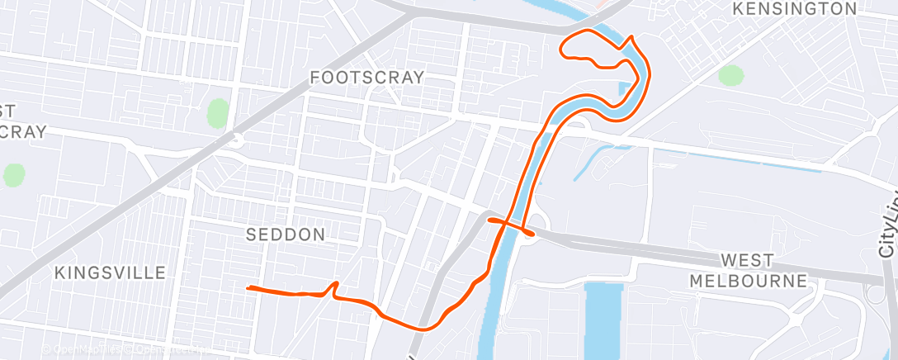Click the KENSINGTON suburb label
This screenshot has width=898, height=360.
click(x=795, y=9)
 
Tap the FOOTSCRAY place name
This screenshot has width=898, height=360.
click(x=366, y=78)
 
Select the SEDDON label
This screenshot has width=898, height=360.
click(x=286, y=234)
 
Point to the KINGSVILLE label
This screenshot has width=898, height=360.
click(x=110, y=272)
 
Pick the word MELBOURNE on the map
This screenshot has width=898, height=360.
click(x=748, y=281)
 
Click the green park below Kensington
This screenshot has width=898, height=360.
click(x=730, y=76)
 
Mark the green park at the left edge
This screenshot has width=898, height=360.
click(x=14, y=174)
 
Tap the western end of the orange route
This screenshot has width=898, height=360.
click(x=248, y=288)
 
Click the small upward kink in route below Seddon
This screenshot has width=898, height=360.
click(x=334, y=285)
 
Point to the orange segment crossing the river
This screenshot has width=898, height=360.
click(x=512, y=225)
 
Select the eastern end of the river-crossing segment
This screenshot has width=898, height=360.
click(x=533, y=234)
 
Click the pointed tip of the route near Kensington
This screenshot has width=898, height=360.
click(x=632, y=37)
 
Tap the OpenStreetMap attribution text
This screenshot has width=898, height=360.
click(x=124, y=349)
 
